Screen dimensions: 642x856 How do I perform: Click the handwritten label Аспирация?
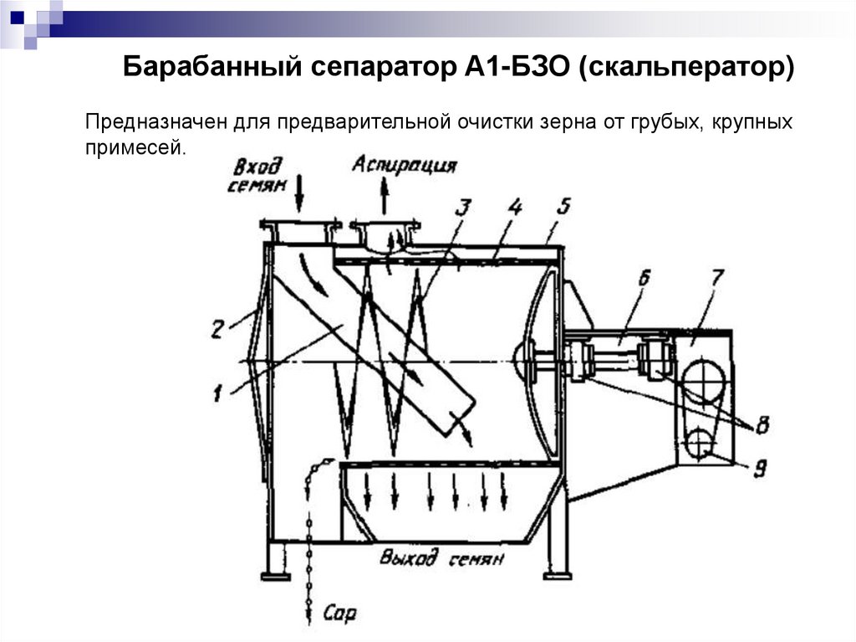pyautogui.click(x=405, y=164)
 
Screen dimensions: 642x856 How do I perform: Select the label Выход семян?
pyautogui.click(x=441, y=558)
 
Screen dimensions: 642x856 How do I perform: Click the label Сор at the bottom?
pyautogui.click(x=339, y=614)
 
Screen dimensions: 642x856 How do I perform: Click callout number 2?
pyautogui.click(x=217, y=328)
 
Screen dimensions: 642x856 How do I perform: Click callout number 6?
pyautogui.click(x=643, y=281)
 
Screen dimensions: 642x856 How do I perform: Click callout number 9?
pyautogui.click(x=760, y=470)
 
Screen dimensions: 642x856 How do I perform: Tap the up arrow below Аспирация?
pyautogui.click(x=385, y=197)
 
